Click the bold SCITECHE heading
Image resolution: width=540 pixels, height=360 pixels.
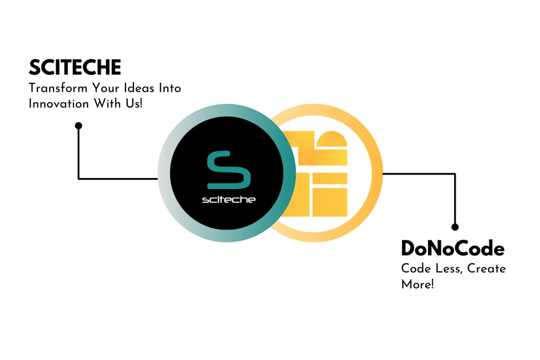click(x=75, y=67)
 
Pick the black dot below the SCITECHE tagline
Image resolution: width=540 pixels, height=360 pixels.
click(x=79, y=125)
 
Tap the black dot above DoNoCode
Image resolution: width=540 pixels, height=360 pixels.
click(x=455, y=227)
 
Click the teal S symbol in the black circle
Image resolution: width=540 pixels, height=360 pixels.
click(x=226, y=170)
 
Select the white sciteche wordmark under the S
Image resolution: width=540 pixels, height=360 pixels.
click(x=229, y=199)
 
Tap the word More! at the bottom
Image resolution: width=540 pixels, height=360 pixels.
click(x=418, y=285)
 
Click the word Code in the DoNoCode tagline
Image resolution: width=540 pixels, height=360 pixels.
click(x=414, y=269)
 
